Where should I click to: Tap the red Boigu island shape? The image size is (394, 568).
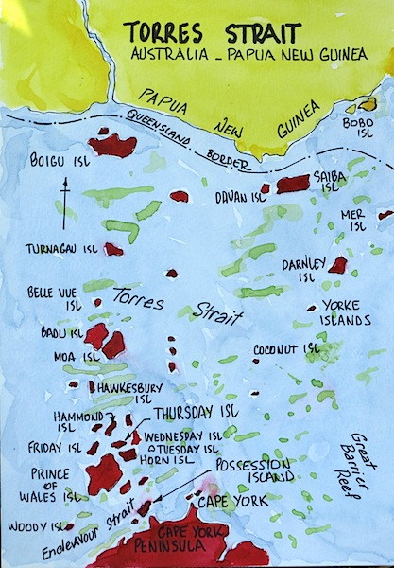pos(112,145)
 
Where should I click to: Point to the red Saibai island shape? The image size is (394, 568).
pos(292,183)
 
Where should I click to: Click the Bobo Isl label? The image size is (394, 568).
pos(352,128)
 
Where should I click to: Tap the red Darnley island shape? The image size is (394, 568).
pos(337,265)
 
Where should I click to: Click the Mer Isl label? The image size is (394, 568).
pos(352,221)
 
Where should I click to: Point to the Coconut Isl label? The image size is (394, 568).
pos(286,349)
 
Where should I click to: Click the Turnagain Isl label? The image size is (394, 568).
pos(63,249)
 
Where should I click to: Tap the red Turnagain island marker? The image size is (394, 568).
pos(113,250)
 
